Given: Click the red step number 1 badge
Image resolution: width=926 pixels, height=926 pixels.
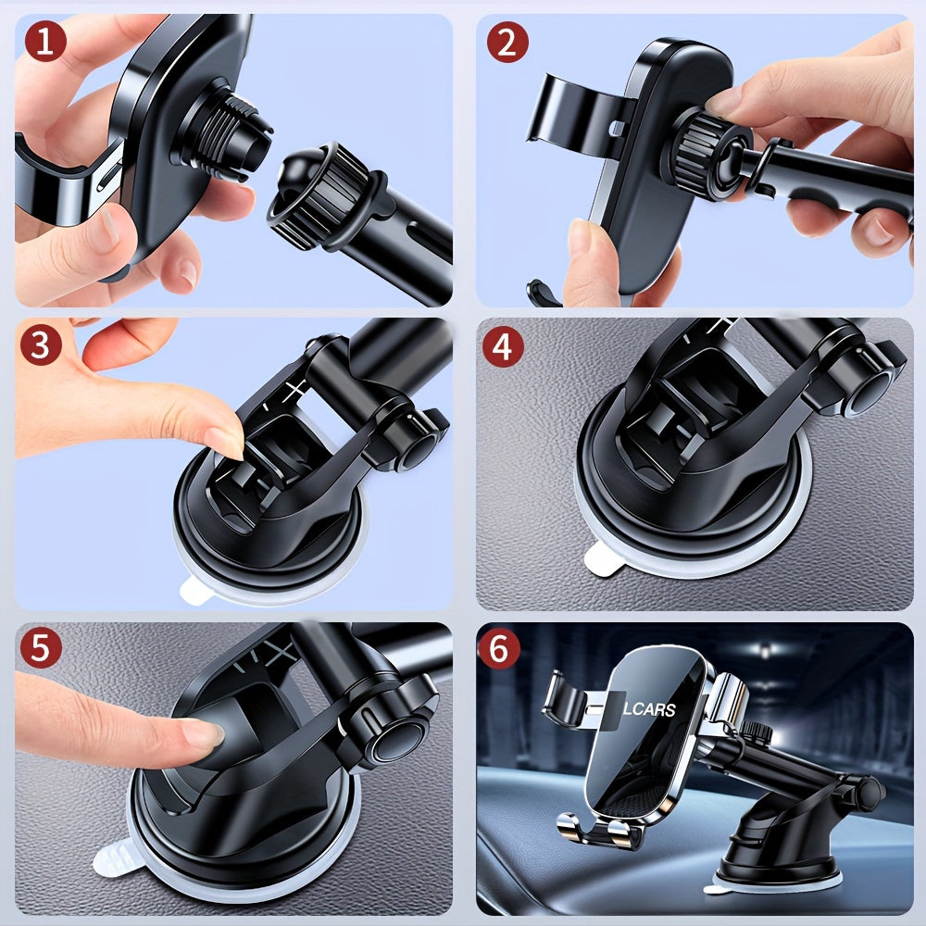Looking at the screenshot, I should point(43,42).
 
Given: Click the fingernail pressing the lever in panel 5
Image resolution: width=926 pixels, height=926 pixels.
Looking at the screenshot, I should point(203,732).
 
